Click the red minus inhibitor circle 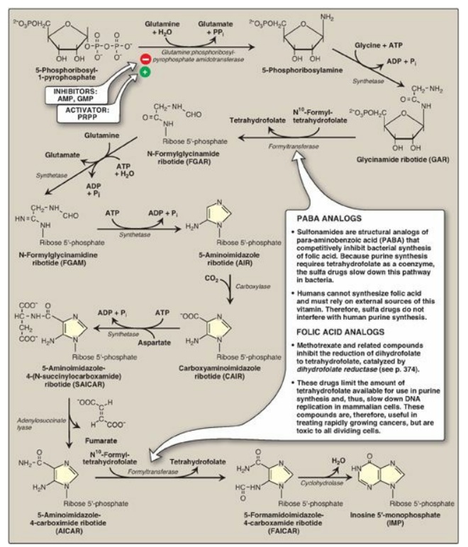click(x=144, y=60)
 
